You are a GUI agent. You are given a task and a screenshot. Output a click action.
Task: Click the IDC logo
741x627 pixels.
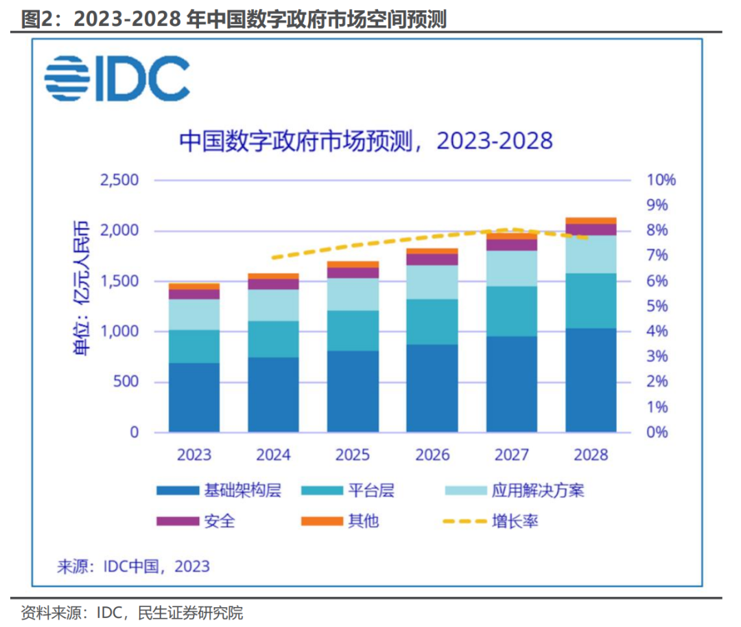click(x=117, y=78)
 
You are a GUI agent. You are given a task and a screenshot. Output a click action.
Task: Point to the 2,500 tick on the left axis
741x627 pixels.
click(x=119, y=181)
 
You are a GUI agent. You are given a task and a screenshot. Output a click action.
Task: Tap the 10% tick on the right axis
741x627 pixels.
click(x=661, y=181)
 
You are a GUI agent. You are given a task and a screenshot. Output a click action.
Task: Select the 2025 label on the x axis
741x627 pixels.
click(x=353, y=455)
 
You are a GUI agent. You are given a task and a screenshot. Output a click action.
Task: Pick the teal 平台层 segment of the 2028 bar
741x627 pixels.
click(x=591, y=301)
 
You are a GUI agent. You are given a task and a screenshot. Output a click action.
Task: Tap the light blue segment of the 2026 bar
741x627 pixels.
click(x=432, y=282)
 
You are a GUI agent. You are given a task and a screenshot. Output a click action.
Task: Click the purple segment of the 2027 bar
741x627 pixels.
click(x=512, y=245)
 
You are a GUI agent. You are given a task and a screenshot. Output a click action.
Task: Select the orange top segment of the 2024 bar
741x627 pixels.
click(x=273, y=276)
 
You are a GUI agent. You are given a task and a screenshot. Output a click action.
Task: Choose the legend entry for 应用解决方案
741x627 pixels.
click(x=537, y=490)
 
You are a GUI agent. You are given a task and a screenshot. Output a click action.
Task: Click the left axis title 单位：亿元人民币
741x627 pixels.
click(x=81, y=288)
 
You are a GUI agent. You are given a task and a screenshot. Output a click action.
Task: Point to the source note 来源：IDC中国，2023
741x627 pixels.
click(x=133, y=567)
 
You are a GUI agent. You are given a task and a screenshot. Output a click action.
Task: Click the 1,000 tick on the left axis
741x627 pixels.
click(x=119, y=332)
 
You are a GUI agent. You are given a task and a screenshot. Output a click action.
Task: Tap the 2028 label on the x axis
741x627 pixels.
click(x=591, y=455)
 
